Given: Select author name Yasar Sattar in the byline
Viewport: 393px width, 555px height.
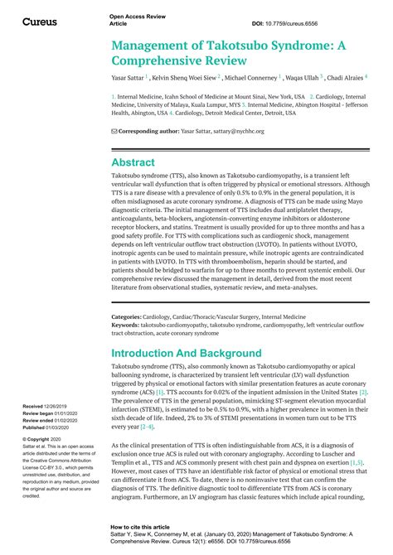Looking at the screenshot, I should (x=128, y=77).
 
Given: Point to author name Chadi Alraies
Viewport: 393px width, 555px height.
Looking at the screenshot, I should (x=343, y=77).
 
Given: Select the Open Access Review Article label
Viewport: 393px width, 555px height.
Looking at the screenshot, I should (x=137, y=20).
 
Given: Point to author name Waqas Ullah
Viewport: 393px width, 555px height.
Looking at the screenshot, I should (x=309, y=77).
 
